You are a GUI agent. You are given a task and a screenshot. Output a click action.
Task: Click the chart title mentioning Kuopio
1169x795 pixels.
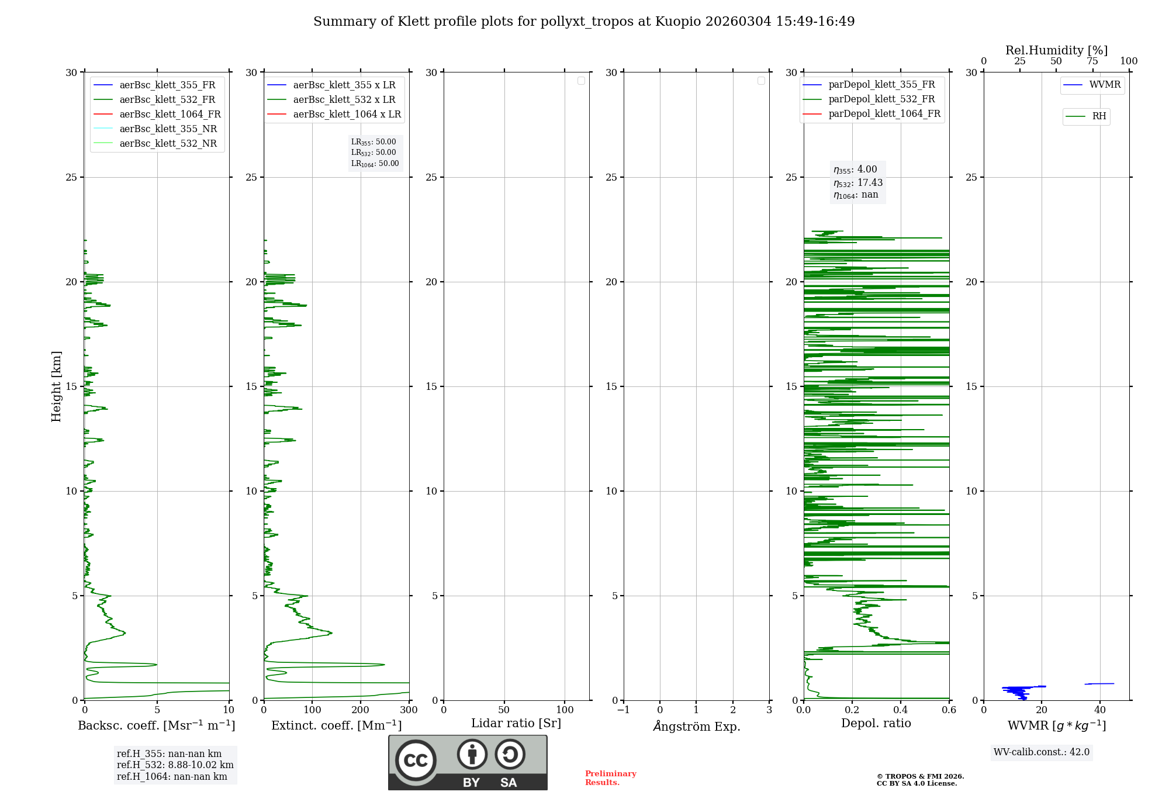point(584,22)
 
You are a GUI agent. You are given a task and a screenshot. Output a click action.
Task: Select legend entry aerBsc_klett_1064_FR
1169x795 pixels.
point(170,114)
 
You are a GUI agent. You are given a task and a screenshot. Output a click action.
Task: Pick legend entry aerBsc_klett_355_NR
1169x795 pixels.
point(168,129)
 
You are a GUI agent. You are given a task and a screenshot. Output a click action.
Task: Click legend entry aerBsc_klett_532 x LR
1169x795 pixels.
point(344,99)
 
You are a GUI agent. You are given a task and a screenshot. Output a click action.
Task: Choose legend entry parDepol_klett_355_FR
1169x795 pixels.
point(881,85)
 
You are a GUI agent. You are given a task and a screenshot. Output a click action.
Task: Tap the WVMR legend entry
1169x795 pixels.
point(1104,85)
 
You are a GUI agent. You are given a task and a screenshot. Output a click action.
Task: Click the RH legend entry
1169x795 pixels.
point(1098,116)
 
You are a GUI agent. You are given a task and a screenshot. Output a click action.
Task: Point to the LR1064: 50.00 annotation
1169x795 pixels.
point(375,164)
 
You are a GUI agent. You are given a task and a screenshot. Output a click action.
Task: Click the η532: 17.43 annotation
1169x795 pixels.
point(857,183)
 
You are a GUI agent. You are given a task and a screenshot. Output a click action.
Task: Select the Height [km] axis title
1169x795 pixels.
point(56,386)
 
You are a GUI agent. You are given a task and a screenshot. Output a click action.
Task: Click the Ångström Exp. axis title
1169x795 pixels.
point(696,726)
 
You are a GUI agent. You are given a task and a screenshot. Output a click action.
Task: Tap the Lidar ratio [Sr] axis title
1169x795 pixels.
point(516,724)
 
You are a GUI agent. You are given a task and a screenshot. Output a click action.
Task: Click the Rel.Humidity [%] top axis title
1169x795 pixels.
point(1056,50)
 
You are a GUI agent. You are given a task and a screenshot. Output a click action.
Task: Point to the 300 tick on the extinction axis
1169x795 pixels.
point(409,710)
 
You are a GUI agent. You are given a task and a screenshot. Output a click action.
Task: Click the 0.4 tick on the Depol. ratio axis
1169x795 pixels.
point(900,710)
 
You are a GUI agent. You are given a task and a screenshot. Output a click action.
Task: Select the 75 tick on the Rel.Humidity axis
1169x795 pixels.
point(1092,61)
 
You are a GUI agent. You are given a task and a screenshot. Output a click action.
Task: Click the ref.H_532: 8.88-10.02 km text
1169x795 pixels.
point(175,765)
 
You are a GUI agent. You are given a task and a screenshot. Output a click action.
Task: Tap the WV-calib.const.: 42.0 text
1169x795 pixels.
point(1041,752)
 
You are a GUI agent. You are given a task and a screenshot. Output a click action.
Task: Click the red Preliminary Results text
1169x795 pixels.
point(610,778)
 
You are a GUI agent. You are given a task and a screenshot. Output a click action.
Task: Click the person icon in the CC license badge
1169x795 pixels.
point(472,755)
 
